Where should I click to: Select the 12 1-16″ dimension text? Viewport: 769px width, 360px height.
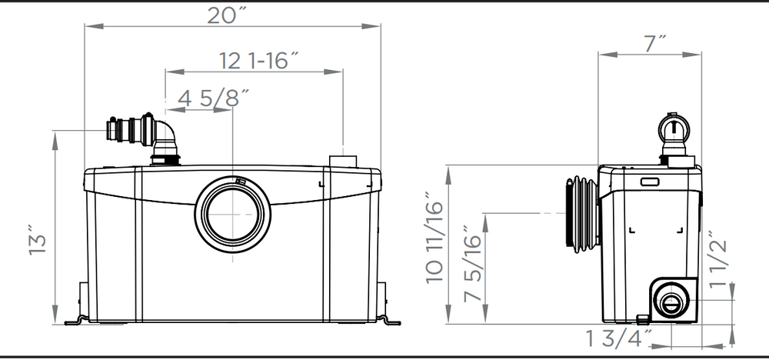[258, 61]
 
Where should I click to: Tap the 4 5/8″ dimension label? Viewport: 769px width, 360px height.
[213, 98]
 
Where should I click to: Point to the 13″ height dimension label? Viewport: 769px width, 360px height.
[37, 240]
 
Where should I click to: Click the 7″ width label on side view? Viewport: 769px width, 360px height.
[655, 44]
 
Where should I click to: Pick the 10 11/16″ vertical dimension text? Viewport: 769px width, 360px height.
[434, 238]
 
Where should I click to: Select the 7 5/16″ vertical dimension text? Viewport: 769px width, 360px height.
[472, 264]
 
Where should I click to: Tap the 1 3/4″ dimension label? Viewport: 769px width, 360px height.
[619, 338]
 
